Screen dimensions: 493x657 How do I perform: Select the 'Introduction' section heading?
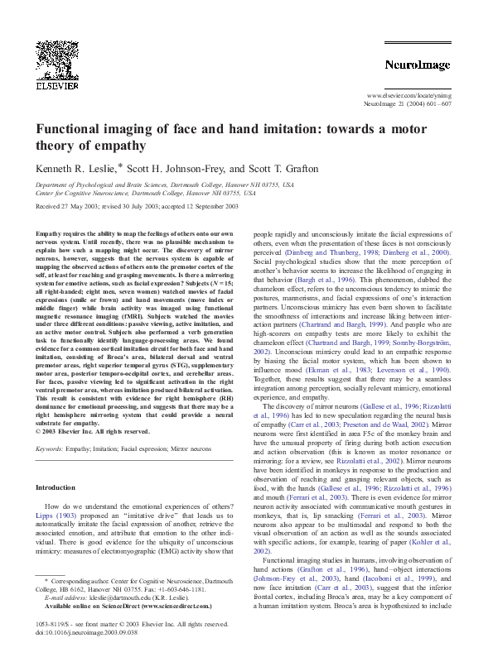pyautogui.click(x=56, y=487)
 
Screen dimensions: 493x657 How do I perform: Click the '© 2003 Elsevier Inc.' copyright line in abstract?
pyautogui.click(x=93, y=431)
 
